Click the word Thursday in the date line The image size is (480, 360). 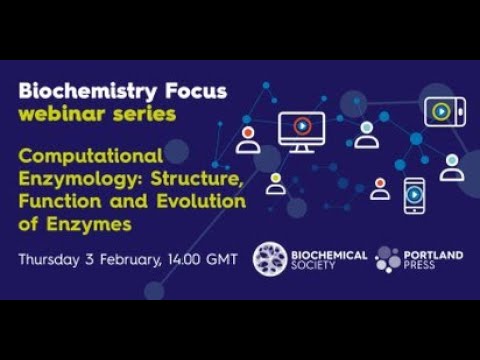pyautogui.click(x=49, y=259)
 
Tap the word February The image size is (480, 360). pyautogui.click(x=124, y=259)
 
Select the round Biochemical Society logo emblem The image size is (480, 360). pyautogui.click(x=269, y=258)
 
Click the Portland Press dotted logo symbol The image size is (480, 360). pyautogui.click(x=388, y=259)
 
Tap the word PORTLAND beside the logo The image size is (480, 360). pyautogui.click(x=434, y=254)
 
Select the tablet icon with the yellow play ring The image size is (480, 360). pyautogui.click(x=444, y=111)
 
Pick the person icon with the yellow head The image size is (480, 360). pyautogui.click(x=276, y=183)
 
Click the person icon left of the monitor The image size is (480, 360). pyautogui.click(x=248, y=138)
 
